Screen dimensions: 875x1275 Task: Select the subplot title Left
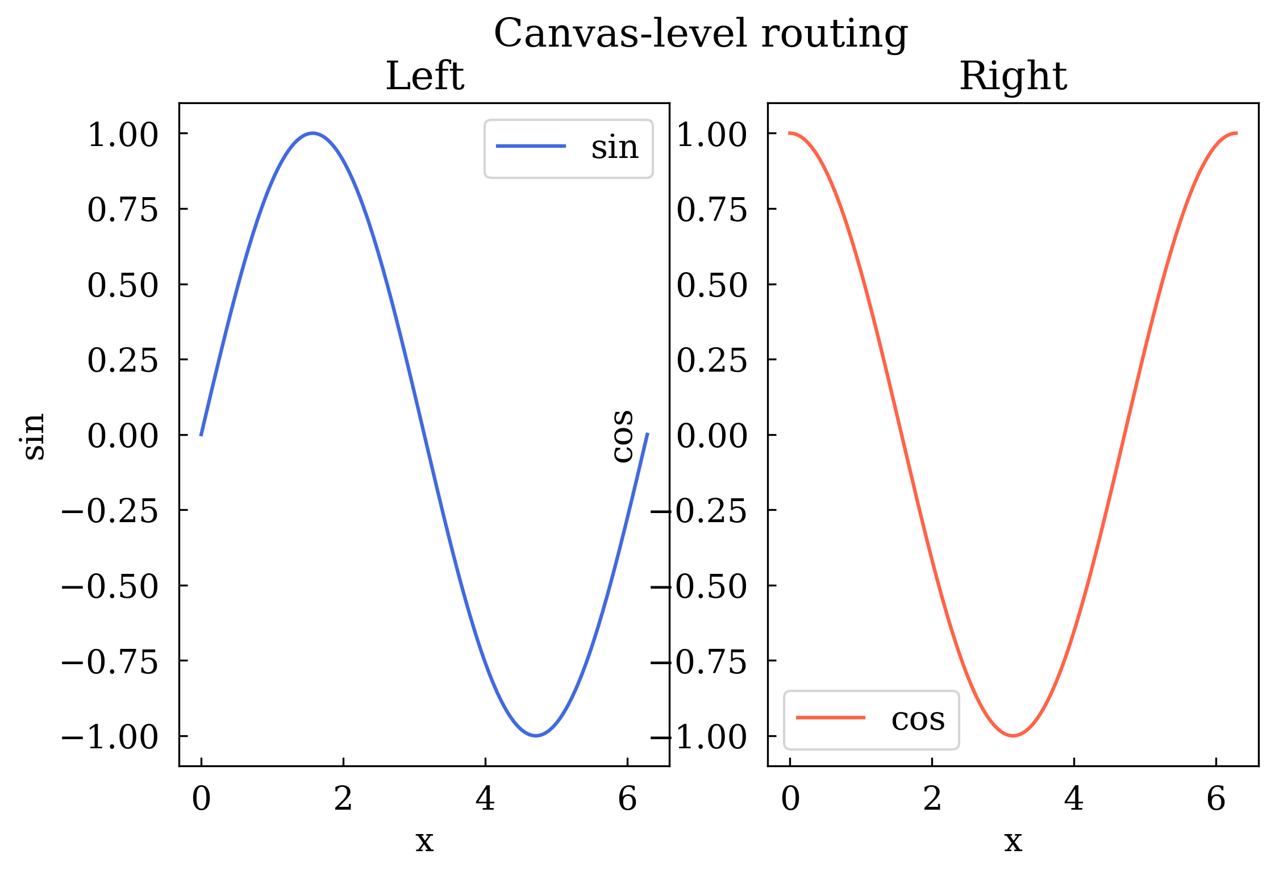424,76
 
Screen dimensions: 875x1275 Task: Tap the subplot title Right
1013,76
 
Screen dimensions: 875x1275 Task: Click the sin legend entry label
615,148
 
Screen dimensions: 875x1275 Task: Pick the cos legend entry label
918,719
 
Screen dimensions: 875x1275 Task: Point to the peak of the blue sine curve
312,134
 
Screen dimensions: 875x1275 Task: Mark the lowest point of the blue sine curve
536,736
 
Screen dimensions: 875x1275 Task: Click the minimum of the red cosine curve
1013,736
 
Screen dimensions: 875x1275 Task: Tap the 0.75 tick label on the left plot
123,210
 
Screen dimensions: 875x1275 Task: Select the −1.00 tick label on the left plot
110,738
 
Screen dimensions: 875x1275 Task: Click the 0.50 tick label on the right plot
712,286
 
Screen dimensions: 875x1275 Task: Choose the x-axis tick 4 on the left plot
485,799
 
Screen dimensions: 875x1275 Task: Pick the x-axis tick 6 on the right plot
1216,799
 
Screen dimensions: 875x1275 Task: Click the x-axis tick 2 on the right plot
932,799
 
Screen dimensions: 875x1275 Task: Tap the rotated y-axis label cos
623,436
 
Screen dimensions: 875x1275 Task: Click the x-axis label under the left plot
424,841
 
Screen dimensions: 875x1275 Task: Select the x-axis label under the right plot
1013,841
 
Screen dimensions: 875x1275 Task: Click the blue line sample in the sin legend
531,146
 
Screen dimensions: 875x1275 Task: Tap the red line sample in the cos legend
831,718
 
